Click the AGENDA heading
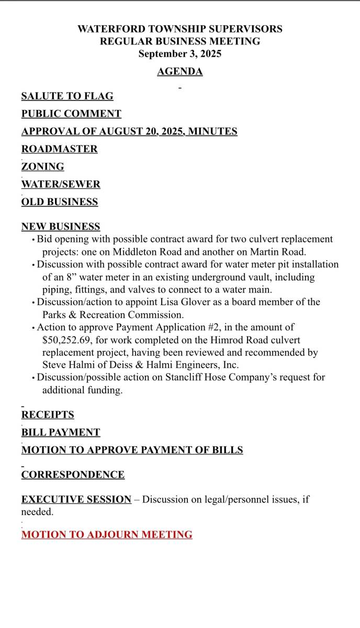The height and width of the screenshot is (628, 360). (179, 72)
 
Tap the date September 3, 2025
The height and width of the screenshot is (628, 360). (179, 54)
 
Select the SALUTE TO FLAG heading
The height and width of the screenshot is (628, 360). (67, 96)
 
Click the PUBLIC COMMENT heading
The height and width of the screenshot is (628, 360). (71, 114)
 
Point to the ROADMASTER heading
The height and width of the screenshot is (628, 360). (59, 149)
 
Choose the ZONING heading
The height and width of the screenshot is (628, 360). (42, 167)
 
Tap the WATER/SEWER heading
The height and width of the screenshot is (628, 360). (61, 184)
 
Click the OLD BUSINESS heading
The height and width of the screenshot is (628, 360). (59, 202)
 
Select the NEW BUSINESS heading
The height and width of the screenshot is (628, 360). (60, 227)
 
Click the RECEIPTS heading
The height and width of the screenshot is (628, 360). (47, 415)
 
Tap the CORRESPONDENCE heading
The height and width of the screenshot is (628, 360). (73, 475)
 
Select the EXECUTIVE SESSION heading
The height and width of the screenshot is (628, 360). (76, 500)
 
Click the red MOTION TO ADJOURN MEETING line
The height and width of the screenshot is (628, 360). (107, 535)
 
